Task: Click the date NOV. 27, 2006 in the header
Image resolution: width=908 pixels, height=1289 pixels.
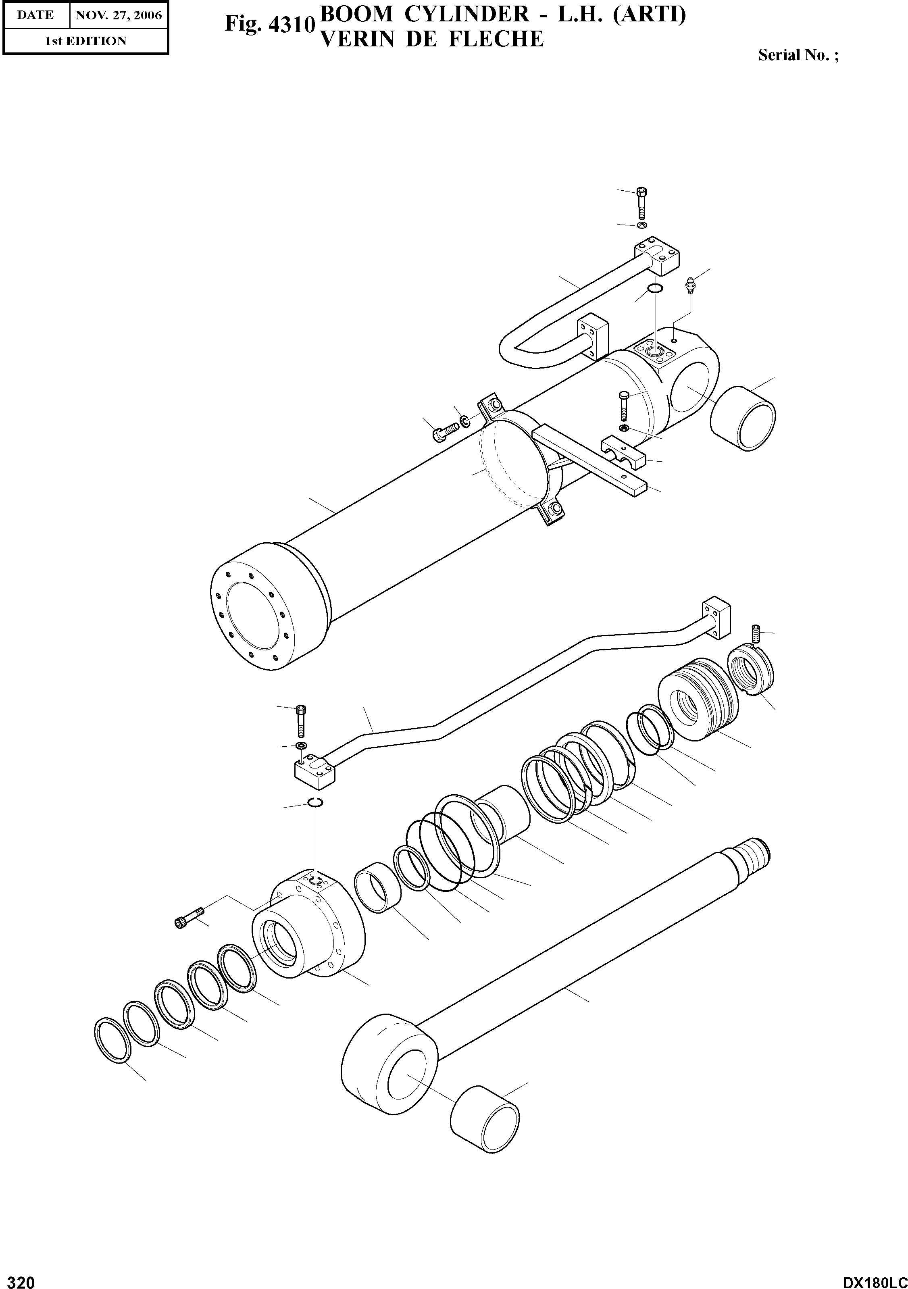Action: pyautogui.click(x=119, y=15)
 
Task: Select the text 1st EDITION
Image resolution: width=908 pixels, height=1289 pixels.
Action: pyautogui.click(x=85, y=41)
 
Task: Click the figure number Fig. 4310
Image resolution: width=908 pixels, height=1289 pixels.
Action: pyautogui.click(x=269, y=23)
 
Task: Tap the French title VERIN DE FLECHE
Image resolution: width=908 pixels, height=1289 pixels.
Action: pyautogui.click(x=431, y=39)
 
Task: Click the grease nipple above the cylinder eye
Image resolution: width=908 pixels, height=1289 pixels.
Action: pyautogui.click(x=691, y=285)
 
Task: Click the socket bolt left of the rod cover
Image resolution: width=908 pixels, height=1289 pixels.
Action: pyautogui.click(x=187, y=918)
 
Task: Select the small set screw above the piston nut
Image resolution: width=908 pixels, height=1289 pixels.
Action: pyautogui.click(x=755, y=634)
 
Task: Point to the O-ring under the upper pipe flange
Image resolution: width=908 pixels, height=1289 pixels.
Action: pyautogui.click(x=654, y=289)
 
